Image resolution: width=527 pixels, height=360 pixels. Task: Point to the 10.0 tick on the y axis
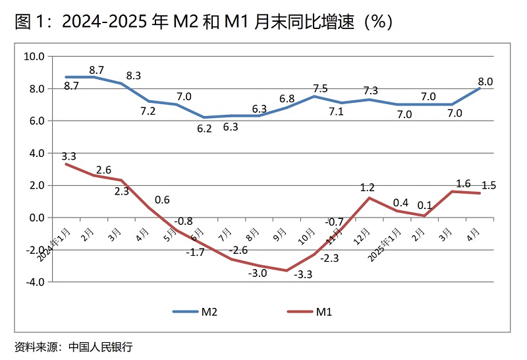tap(34, 57)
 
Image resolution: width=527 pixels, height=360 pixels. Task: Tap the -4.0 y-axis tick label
tap(34, 282)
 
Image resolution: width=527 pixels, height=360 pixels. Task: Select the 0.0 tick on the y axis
tap(36, 218)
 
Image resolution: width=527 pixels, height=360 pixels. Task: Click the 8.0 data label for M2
tap(485, 82)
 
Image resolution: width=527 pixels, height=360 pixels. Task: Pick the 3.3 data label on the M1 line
tap(69, 156)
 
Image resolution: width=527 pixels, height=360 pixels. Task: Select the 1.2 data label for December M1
tap(368, 188)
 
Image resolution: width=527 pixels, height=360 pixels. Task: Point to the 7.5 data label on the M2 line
tap(320, 88)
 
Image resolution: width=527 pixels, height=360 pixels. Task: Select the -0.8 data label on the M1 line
tap(184, 221)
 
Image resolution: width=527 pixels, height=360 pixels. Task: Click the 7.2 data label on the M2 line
tap(148, 111)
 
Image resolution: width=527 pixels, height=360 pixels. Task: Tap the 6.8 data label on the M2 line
tap(287, 99)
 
